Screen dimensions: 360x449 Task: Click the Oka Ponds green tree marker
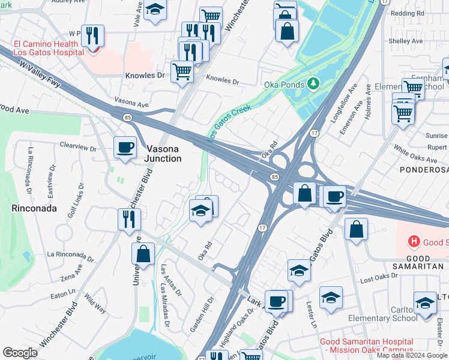[x=312, y=83]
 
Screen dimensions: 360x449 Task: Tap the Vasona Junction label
[x=163, y=154]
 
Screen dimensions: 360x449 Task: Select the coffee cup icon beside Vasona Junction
[x=125, y=147]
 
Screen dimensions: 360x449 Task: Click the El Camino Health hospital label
[x=46, y=48]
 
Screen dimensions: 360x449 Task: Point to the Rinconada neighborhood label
[x=34, y=209]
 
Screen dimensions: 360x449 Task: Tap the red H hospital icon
[x=413, y=242]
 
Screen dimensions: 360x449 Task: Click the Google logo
[x=20, y=352]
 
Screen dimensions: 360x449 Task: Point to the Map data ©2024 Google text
[x=412, y=355]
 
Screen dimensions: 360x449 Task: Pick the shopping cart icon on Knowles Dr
[x=182, y=71]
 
